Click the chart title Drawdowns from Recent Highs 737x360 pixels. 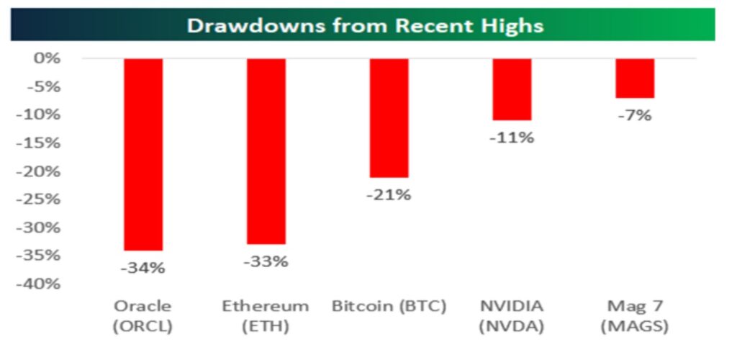[x=365, y=26]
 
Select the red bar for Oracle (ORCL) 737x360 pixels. [x=143, y=154]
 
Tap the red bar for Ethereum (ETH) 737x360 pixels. [x=266, y=151]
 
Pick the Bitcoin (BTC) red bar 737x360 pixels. [x=389, y=117]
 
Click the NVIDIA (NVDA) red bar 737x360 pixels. [x=512, y=89]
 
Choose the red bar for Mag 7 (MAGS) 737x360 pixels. [x=636, y=78]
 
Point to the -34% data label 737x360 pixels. [x=143, y=268]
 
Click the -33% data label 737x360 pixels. [x=266, y=261]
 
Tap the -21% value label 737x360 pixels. [x=389, y=194]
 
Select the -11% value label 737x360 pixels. [x=512, y=138]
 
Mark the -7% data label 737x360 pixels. [x=636, y=115]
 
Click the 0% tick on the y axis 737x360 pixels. [x=48, y=58]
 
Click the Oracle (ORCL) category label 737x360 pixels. [x=143, y=315]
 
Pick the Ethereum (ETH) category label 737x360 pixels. [x=266, y=315]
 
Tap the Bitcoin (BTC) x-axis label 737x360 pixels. [x=389, y=306]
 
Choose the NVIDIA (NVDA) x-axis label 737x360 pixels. [x=512, y=315]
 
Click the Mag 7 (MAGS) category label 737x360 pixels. [x=636, y=315]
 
